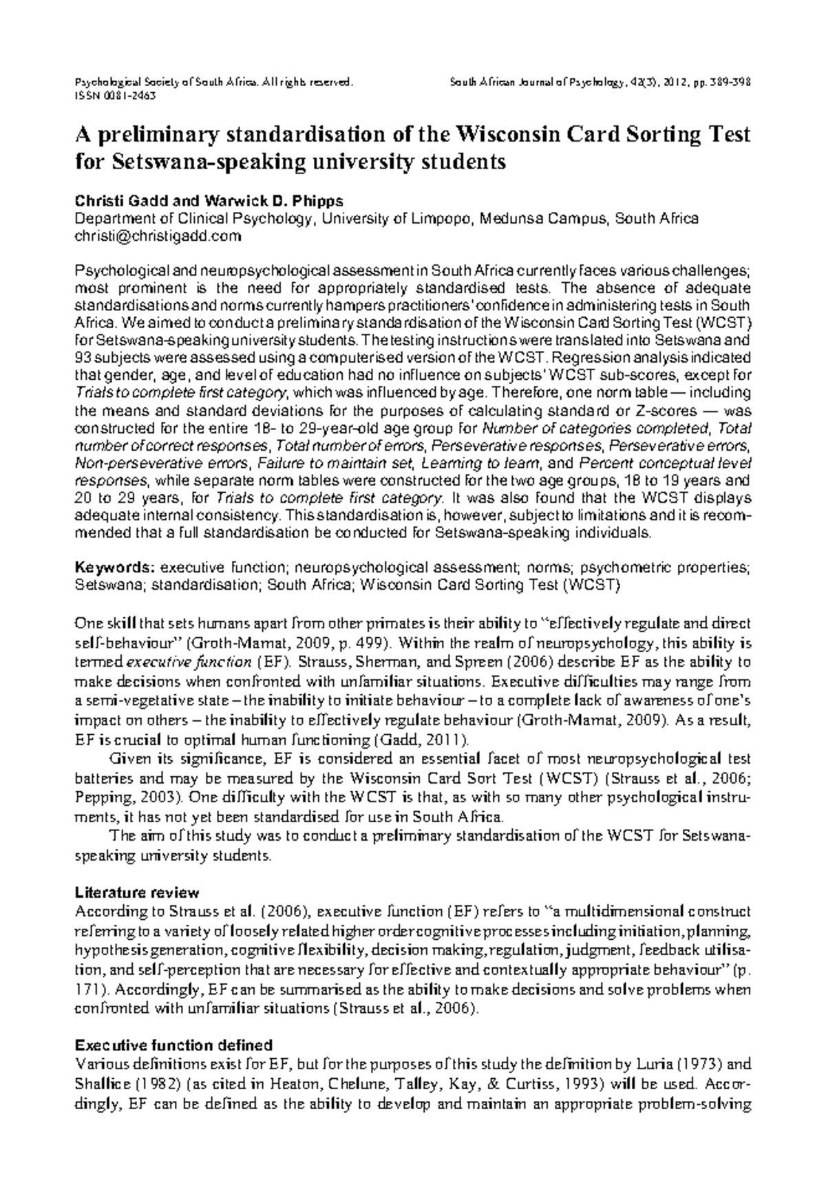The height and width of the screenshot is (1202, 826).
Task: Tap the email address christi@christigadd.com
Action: click(x=158, y=236)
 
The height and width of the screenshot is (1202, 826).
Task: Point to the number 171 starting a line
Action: click(x=85, y=990)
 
